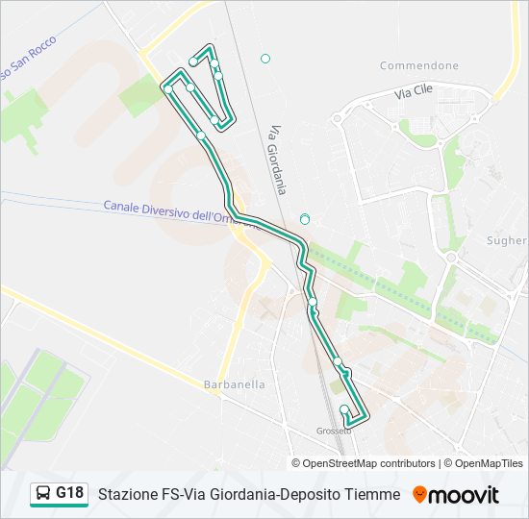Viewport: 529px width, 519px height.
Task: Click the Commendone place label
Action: pyautogui.click(x=418, y=65)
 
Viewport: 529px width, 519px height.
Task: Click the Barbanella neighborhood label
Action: pyautogui.click(x=234, y=384)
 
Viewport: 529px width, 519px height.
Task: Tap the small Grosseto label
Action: pyautogui.click(x=334, y=431)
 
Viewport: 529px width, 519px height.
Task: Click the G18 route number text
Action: pyautogui.click(x=69, y=493)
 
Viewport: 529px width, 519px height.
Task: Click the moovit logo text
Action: pyautogui.click(x=464, y=495)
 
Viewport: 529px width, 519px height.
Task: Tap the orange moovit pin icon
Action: pyautogui.click(x=419, y=495)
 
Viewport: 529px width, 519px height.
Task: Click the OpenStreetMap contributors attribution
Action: pyautogui.click(x=368, y=463)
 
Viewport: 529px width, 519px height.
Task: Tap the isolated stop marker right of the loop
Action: pyautogui.click(x=265, y=59)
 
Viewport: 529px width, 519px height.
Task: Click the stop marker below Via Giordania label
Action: pyautogui.click(x=305, y=219)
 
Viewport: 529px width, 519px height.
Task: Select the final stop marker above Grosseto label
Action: pyautogui.click(x=344, y=410)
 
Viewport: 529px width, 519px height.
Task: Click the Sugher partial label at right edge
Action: pyautogui.click(x=507, y=240)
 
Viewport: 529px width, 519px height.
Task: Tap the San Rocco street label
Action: pyautogui.click(x=29, y=59)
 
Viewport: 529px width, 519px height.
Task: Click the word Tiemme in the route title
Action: pyautogui.click(x=375, y=494)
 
